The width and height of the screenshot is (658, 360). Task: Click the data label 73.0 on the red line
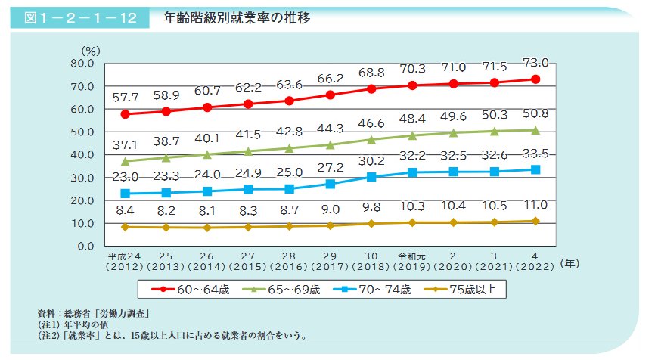pos(535,63)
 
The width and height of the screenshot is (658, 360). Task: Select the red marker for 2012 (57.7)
pos(125,114)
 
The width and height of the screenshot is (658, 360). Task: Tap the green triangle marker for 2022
pos(535,130)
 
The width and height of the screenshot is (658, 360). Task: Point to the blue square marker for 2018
pos(371,177)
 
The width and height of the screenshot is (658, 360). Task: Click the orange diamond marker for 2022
pos(535,221)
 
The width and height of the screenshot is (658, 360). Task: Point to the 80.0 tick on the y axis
pos(80,64)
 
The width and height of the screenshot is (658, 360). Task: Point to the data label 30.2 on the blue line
pos(371,161)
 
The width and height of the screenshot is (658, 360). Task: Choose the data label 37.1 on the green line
pos(125,144)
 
